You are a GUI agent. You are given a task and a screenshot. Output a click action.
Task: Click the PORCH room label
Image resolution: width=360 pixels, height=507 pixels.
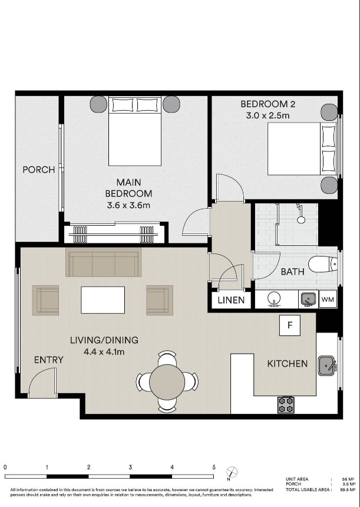point(39,169)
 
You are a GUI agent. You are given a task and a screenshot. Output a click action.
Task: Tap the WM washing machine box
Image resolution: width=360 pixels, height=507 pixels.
point(328,299)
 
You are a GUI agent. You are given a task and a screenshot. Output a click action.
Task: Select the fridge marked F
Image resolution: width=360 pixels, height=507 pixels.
point(290,325)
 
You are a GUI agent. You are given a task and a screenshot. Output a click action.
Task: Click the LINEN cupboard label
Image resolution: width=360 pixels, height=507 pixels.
point(231,300)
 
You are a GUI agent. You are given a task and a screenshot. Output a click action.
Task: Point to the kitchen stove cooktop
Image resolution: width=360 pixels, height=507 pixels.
point(286,405)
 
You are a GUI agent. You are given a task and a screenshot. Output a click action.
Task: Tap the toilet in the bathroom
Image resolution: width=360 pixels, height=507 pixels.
point(322,264)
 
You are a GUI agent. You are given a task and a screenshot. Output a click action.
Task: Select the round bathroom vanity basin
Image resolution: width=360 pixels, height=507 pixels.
point(274,299)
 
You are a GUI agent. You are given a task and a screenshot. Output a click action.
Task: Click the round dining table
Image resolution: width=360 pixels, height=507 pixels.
point(167,382)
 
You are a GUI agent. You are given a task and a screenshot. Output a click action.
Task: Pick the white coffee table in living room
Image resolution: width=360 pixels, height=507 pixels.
point(103,299)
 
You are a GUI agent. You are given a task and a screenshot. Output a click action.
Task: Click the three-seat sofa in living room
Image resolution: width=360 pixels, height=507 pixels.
point(104,262)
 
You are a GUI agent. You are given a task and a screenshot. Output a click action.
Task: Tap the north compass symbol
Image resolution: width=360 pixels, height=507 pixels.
point(232,472)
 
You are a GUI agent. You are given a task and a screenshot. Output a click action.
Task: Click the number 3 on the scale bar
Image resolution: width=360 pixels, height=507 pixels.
point(130,468)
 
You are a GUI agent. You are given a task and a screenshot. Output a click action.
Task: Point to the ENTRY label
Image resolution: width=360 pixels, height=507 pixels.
point(49,360)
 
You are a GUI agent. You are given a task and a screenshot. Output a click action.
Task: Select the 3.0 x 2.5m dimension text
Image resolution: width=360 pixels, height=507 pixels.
point(267,116)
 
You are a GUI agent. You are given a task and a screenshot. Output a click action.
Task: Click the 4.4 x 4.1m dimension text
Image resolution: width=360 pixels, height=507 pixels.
point(104,352)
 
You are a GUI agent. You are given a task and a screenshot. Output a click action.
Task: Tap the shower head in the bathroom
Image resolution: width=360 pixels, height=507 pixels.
point(301,219)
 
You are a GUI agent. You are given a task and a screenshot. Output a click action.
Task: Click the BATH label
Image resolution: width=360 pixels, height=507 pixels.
point(292,272)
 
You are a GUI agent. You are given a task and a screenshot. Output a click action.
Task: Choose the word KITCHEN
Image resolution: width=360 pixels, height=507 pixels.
point(288,364)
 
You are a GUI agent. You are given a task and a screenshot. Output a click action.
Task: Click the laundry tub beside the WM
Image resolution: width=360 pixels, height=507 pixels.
point(308,299)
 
